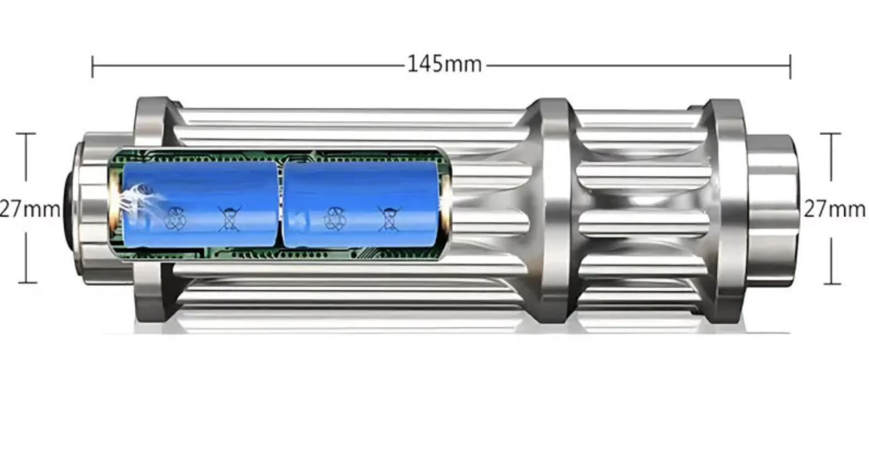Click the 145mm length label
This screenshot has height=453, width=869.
[443, 64]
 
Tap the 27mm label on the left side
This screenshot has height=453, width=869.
[30, 209]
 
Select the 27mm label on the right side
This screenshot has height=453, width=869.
[834, 209]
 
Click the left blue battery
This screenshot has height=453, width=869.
[199, 204]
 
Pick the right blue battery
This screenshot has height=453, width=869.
[361, 204]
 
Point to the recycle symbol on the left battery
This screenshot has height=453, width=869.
[175, 219]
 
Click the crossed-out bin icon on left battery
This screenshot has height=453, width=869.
[228, 218]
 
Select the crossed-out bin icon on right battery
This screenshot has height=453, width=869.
[388, 218]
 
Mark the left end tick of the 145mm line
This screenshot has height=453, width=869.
[93, 66]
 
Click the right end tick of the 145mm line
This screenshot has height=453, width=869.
[790, 66]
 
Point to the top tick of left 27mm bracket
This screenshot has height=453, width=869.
[26, 134]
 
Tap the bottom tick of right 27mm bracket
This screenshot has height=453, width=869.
[831, 283]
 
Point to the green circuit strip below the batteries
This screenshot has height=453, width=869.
[277, 255]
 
